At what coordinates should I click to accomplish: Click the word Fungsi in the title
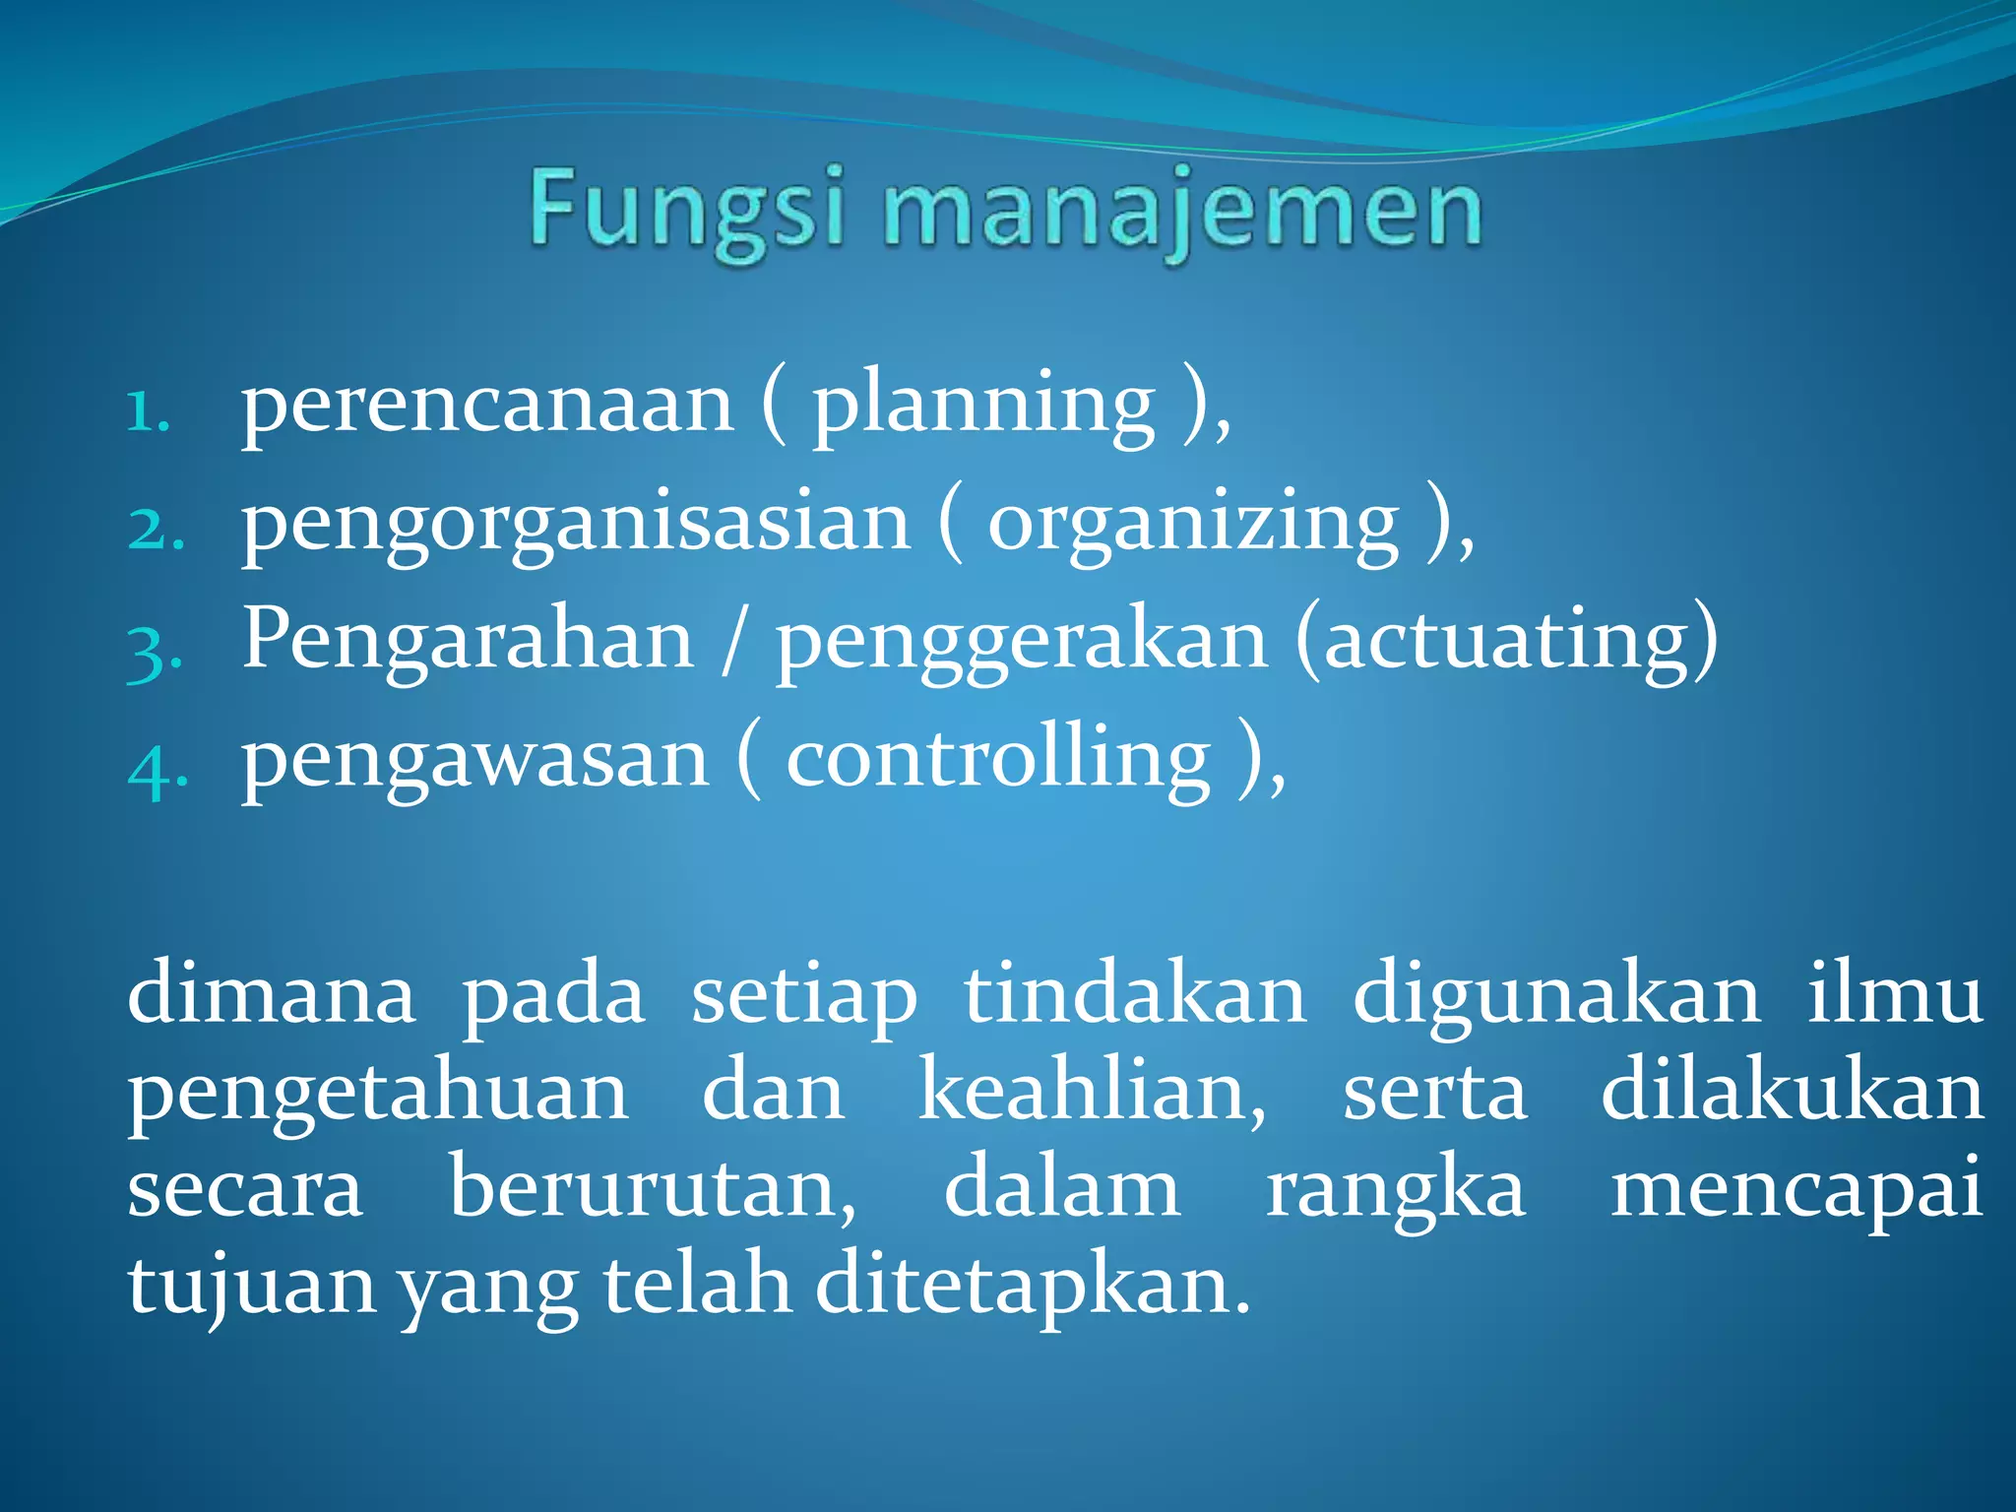point(687,209)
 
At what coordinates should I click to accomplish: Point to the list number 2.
point(156,529)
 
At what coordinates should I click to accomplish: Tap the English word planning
point(982,406)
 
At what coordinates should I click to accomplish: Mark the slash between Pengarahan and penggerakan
point(729,642)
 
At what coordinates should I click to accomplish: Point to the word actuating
point(1506,642)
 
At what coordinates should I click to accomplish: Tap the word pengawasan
point(474,760)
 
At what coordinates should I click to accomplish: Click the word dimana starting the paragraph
point(271,994)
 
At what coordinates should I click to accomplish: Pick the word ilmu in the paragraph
point(1894,994)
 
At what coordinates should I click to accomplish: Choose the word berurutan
point(653,1189)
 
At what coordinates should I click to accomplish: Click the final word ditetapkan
point(1033,1285)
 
